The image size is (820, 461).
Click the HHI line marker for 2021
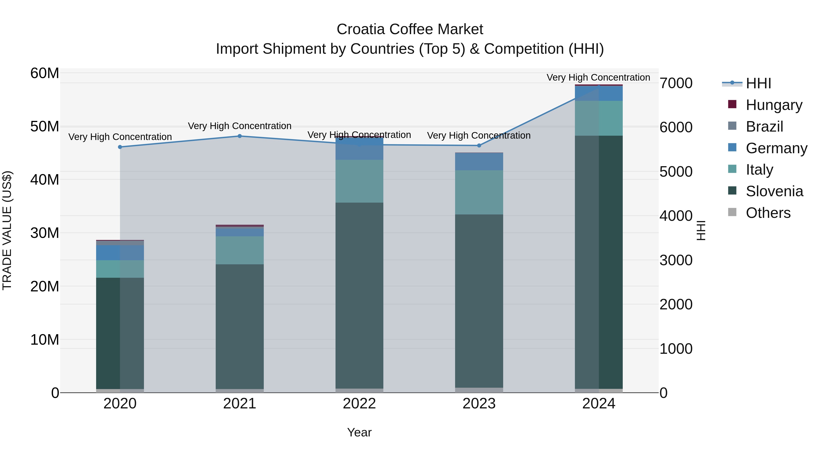point(240,136)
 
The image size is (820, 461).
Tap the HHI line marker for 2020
point(120,147)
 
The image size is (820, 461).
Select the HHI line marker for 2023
point(479,146)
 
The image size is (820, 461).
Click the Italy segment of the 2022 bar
point(359,181)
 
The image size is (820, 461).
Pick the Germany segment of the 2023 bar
point(479,162)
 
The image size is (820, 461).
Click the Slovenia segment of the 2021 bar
point(240,326)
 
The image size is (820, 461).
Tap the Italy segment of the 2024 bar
point(599,118)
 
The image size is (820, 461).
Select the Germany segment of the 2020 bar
point(120,253)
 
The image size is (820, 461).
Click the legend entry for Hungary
point(774,105)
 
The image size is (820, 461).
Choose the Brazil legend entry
point(764,127)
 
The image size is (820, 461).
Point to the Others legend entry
point(768,213)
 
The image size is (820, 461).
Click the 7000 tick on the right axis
point(676,83)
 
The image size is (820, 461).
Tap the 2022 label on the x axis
point(359,404)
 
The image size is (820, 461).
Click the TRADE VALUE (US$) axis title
point(7,230)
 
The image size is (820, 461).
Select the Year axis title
point(359,432)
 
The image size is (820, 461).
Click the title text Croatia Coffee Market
point(410,29)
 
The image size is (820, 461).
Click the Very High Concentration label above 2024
point(598,77)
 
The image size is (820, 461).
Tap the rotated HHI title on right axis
point(701,230)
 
